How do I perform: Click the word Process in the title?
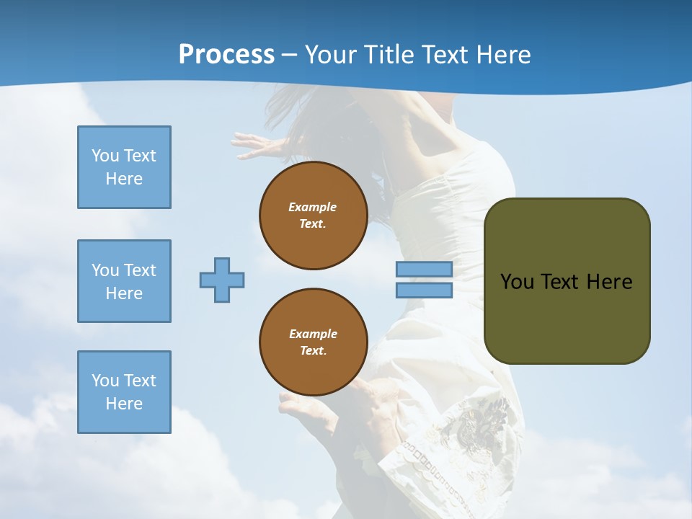(x=226, y=55)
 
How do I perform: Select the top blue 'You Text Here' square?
(x=124, y=167)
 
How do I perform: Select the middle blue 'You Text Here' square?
(x=124, y=281)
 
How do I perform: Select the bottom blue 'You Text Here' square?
(x=124, y=392)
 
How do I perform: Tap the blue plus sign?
(x=222, y=280)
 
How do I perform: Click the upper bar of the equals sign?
(x=425, y=269)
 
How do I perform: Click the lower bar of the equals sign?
(x=425, y=290)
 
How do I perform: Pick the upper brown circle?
(x=314, y=216)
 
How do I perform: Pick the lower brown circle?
(x=314, y=342)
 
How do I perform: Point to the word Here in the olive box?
(x=609, y=282)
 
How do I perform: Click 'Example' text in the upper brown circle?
(x=312, y=207)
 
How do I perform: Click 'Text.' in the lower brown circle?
(x=313, y=351)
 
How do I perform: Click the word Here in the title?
(x=501, y=55)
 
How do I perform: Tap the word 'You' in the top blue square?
(x=105, y=156)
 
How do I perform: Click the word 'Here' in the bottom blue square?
(x=124, y=404)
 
